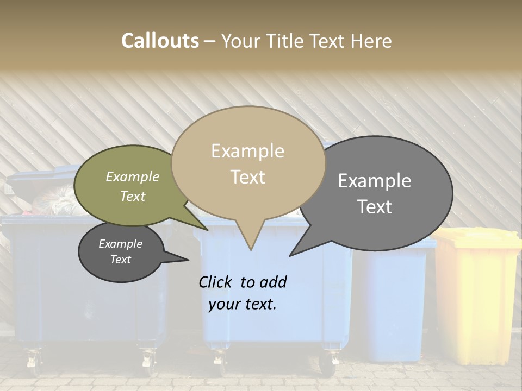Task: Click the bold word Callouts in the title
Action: coord(160,41)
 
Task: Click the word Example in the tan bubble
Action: coord(247,151)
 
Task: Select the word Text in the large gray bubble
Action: coord(375,207)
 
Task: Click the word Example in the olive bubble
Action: coord(133,176)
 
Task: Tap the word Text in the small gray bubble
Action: coord(121,260)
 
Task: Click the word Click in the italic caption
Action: coord(216,282)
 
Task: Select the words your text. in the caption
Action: coord(243,304)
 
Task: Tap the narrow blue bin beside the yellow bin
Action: coord(394,304)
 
